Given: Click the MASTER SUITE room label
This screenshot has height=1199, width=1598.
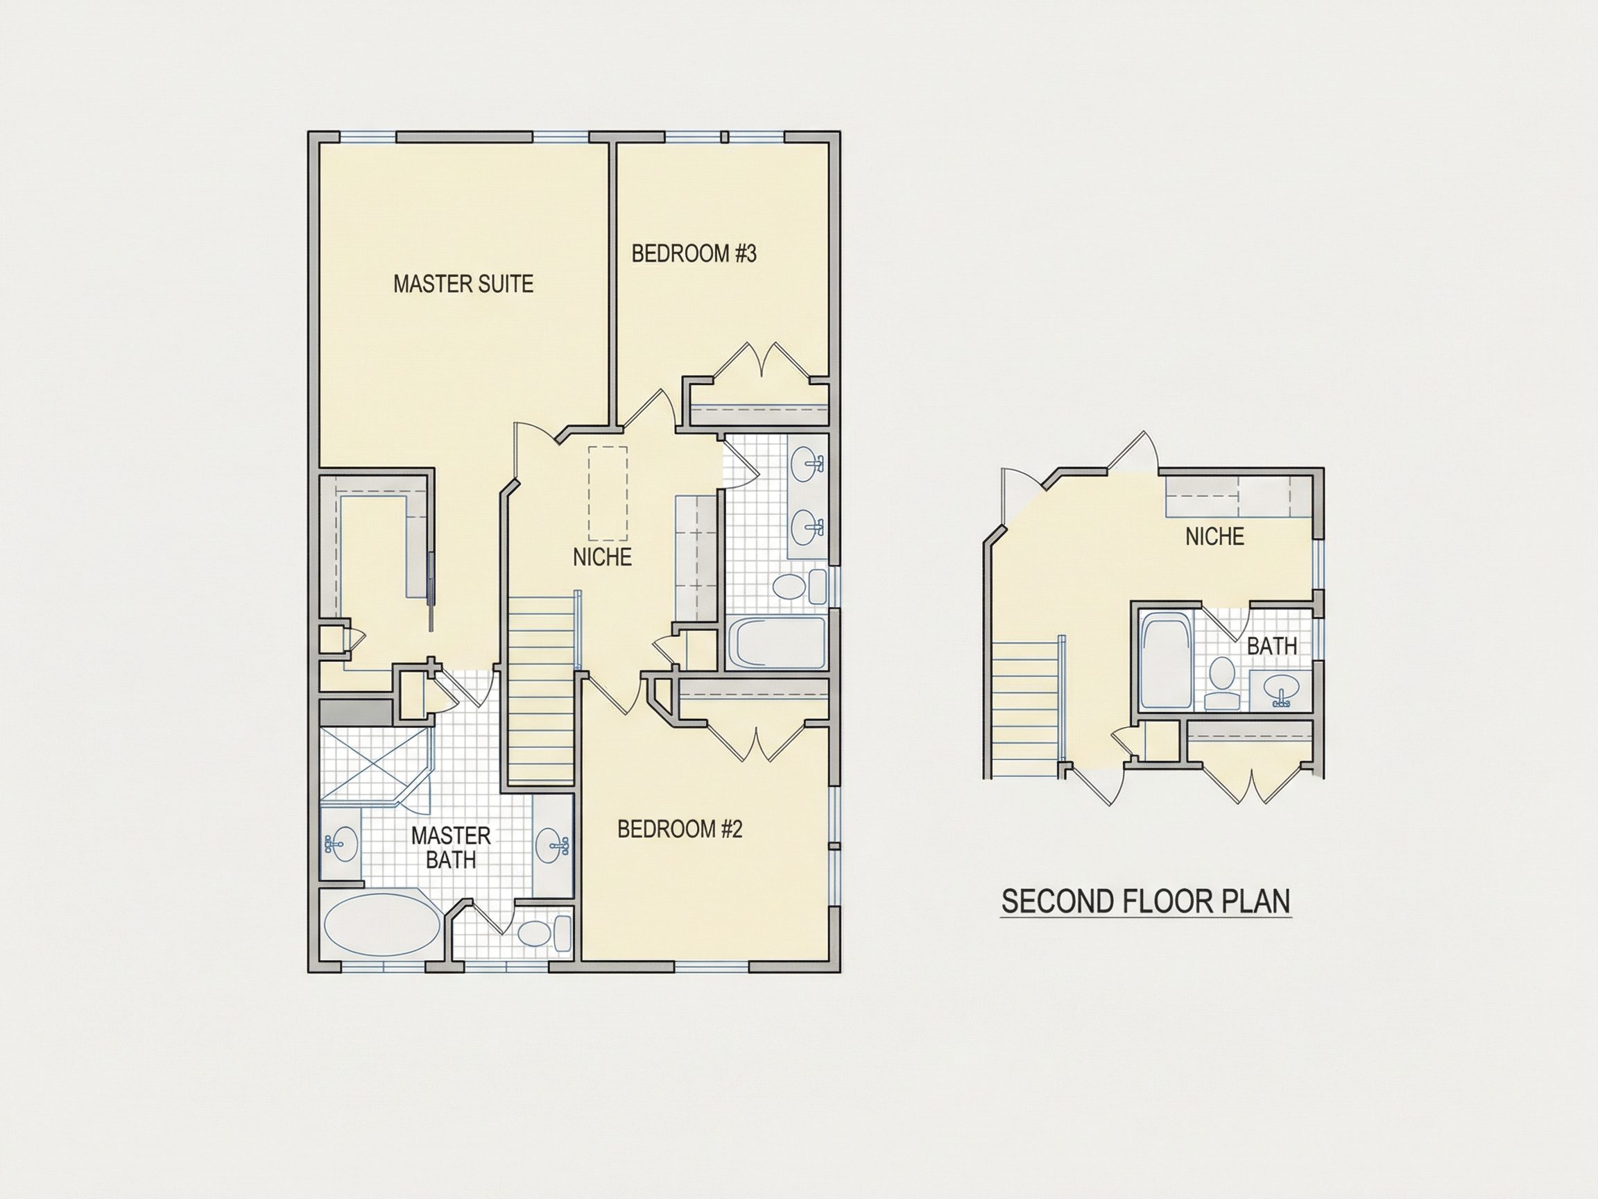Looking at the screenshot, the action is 463,284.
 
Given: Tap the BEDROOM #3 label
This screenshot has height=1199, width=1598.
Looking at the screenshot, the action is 694,254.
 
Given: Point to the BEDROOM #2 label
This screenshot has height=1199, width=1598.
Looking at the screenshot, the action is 680,829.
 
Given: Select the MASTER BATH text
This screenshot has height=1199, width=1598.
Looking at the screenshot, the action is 451,849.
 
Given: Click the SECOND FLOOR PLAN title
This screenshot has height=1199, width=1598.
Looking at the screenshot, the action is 1146,902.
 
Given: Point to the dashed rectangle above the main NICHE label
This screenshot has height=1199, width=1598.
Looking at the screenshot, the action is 608,493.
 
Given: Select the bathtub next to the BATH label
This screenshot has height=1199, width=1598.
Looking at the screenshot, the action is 1165,661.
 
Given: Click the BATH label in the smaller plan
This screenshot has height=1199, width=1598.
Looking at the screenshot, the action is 1271,646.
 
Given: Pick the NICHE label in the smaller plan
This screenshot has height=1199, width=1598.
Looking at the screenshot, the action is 1214,536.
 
